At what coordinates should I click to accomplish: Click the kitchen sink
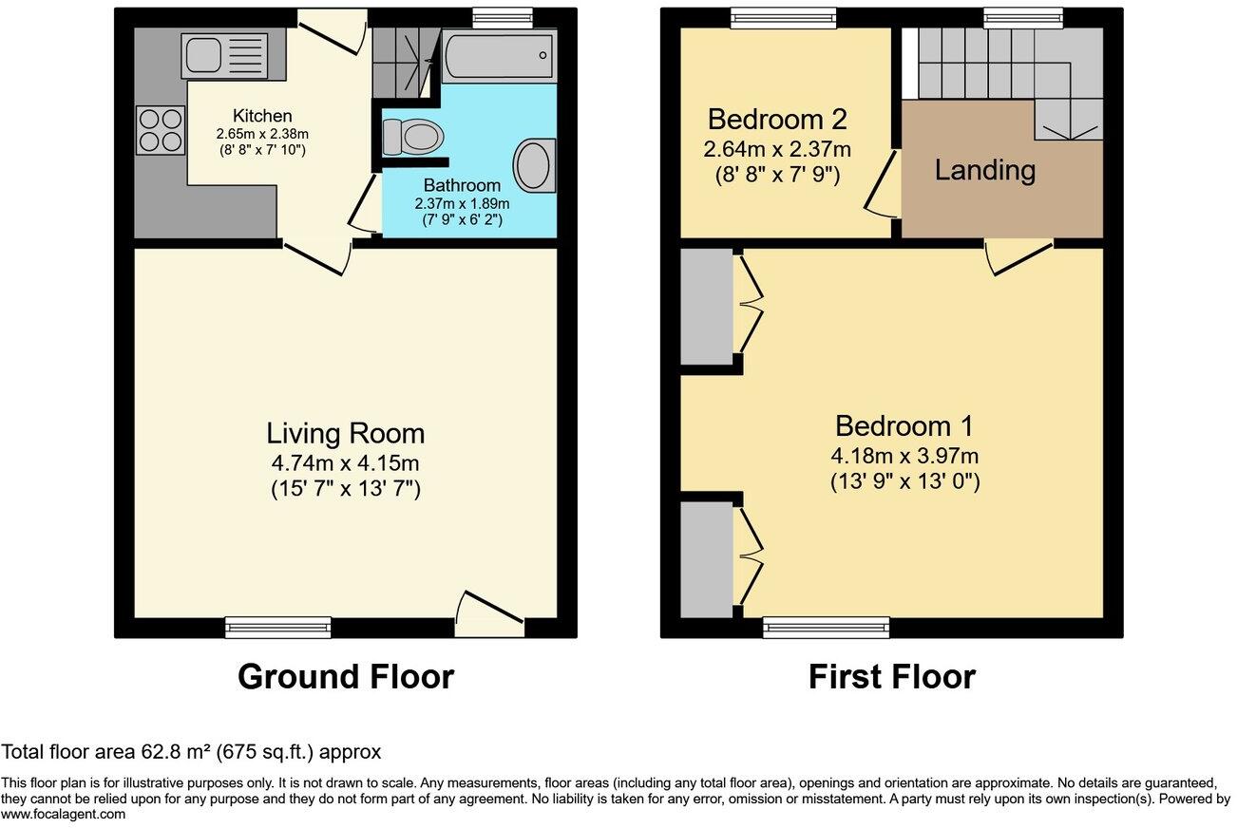pyautogui.click(x=225, y=55)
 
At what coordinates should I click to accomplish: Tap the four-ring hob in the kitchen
pyautogui.click(x=162, y=130)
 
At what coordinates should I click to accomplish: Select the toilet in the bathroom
pyautogui.click(x=413, y=136)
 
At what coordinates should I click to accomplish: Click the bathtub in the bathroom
pyautogui.click(x=499, y=56)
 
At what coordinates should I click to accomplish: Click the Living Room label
pyautogui.click(x=345, y=434)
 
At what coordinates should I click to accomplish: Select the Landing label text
pyautogui.click(x=984, y=171)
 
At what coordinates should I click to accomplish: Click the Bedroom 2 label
pyautogui.click(x=776, y=121)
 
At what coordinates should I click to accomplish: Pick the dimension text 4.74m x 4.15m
pyautogui.click(x=345, y=464)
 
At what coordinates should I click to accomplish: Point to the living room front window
pyautogui.click(x=278, y=627)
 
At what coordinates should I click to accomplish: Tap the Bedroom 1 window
pyautogui.click(x=827, y=627)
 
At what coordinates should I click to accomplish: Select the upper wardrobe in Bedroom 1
pyautogui.click(x=706, y=306)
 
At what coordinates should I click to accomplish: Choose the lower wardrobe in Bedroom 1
pyautogui.click(x=706, y=559)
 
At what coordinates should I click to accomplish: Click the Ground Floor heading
pyautogui.click(x=345, y=677)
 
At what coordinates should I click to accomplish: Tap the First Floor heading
pyautogui.click(x=891, y=677)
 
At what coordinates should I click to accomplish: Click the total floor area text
pyautogui.click(x=191, y=753)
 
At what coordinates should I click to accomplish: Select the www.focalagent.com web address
pyautogui.click(x=63, y=815)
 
